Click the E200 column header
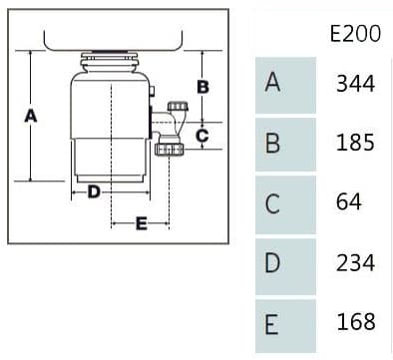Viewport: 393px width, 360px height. [355, 33]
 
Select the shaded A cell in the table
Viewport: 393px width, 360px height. [285, 85]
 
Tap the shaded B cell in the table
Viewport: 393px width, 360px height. [285, 145]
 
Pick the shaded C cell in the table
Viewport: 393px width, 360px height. [285, 204]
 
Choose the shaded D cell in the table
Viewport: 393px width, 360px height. [285, 266]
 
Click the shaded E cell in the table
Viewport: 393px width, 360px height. [285, 326]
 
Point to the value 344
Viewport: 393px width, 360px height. [355, 83]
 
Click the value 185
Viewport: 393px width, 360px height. [355, 143]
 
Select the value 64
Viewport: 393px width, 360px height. [348, 201]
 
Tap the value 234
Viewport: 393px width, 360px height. [355, 262]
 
